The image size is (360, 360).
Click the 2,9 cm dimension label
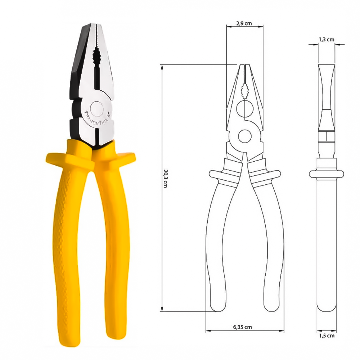(x=244, y=23)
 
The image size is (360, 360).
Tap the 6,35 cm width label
(x=242, y=327)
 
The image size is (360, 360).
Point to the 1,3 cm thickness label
(x=326, y=40)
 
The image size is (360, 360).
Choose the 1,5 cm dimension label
(x=327, y=336)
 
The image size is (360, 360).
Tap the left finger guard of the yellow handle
(x=58, y=158)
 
